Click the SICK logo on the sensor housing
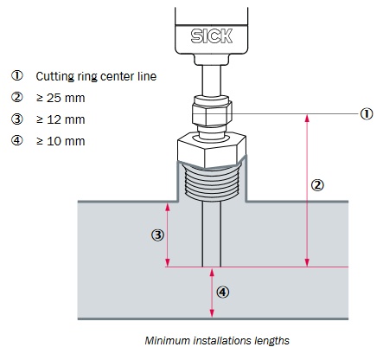211,36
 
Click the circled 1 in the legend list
17,75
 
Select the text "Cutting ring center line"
96,76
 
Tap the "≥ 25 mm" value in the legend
61,98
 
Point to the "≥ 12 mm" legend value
61,119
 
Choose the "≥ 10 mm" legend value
61,141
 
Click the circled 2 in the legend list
17,97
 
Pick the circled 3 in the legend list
17,119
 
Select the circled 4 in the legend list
17,140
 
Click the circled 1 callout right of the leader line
367,114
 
